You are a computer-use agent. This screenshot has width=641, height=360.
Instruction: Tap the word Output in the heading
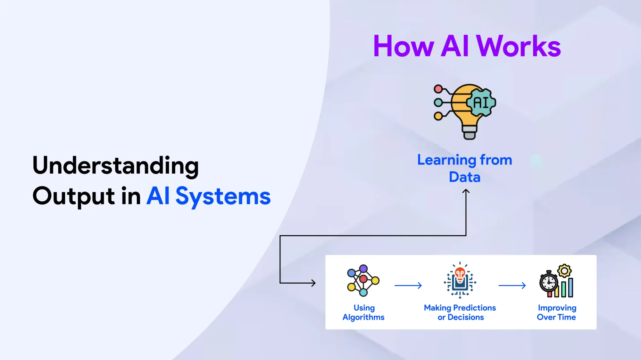74,196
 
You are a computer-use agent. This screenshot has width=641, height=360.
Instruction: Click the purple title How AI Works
467,46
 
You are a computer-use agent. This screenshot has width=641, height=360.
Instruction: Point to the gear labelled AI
481,103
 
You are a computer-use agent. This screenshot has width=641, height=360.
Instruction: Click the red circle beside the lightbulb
438,89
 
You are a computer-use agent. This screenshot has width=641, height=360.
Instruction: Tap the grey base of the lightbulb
470,132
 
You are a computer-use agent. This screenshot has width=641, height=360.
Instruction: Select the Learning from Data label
465,168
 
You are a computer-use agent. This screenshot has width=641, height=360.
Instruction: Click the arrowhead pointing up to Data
466,191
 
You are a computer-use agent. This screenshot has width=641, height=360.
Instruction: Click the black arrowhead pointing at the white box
313,283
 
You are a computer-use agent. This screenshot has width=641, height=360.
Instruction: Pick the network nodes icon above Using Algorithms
363,280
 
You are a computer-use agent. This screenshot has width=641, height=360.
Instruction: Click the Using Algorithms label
363,313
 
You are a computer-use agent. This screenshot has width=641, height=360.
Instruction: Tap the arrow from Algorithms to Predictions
408,285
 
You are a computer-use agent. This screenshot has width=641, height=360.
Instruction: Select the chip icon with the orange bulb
460,280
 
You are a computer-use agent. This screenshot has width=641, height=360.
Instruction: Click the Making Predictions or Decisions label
460,313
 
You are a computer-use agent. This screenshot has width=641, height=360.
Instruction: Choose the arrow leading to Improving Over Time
512,285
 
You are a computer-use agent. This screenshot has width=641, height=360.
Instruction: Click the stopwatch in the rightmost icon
549,282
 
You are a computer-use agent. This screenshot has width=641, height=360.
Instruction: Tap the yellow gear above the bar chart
564,271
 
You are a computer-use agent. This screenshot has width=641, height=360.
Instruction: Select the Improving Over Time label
557,313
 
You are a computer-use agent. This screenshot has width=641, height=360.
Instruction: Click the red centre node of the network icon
363,279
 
